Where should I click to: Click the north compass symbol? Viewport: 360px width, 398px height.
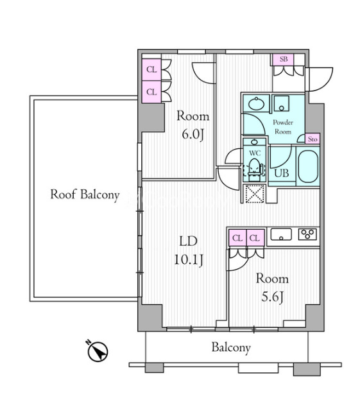98,351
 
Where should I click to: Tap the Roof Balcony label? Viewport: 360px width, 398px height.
85,195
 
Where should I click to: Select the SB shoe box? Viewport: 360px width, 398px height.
283,60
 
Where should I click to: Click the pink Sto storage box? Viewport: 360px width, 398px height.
313,139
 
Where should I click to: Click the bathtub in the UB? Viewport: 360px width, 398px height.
308,166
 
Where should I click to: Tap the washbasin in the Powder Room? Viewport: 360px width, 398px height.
256,103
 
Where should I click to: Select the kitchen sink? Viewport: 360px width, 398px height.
281,234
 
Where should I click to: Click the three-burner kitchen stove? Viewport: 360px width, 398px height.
307,234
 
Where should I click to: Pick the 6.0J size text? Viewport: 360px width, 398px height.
193,135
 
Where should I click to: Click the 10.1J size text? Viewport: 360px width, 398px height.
189,260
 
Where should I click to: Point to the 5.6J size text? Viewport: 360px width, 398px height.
272,297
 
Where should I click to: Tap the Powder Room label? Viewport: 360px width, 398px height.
283,127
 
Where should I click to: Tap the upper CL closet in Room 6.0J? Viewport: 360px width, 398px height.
151,69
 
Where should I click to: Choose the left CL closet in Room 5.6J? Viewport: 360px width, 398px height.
237,238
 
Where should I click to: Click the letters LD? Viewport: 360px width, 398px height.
188,241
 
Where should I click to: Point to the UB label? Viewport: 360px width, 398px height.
282,173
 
